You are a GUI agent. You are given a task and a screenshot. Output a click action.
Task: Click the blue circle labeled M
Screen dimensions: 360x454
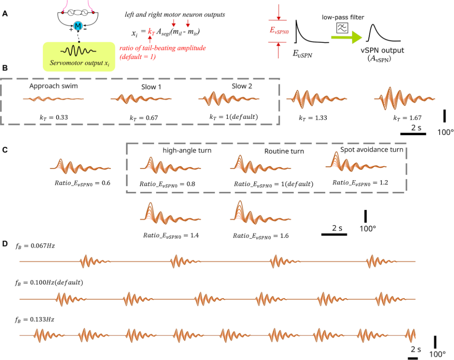(x=78, y=26)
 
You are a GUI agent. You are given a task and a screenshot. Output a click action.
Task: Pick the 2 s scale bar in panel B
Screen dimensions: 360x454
(x=414, y=134)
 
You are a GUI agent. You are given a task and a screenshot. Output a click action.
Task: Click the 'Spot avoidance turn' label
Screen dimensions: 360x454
(x=371, y=150)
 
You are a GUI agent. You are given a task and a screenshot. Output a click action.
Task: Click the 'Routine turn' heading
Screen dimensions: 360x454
(x=284, y=151)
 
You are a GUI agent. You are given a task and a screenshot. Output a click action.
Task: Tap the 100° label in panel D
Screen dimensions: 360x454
(x=438, y=354)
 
